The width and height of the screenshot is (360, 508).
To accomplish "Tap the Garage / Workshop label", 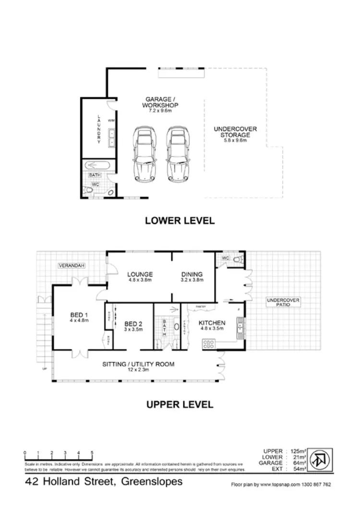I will pyautogui.click(x=160, y=103).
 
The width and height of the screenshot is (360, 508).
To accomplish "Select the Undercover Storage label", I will pyautogui.click(x=235, y=132).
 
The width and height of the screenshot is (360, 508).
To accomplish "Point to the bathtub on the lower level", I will pyautogui.click(x=99, y=165).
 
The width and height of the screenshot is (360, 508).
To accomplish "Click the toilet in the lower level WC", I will pyautogui.click(x=90, y=191).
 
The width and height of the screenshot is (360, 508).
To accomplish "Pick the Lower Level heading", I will pyautogui.click(x=180, y=221).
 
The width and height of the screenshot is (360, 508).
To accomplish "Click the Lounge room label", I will pyautogui.click(x=139, y=274).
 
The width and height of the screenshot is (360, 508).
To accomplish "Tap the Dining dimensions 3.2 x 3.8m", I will pyautogui.click(x=192, y=280).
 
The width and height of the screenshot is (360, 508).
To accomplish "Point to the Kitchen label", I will pyautogui.click(x=212, y=323).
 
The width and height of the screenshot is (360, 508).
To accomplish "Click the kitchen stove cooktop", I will pyautogui.click(x=210, y=343).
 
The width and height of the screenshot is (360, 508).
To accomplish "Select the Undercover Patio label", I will pyautogui.click(x=283, y=303).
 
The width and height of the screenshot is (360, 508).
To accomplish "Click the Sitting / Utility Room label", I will pyautogui.click(x=138, y=364).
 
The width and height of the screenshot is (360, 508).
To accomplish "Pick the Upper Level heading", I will pyautogui.click(x=180, y=405).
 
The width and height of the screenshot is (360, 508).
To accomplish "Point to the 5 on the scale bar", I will pyautogui.click(x=92, y=452).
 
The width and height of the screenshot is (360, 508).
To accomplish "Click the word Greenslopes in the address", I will pyautogui.click(x=153, y=482).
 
